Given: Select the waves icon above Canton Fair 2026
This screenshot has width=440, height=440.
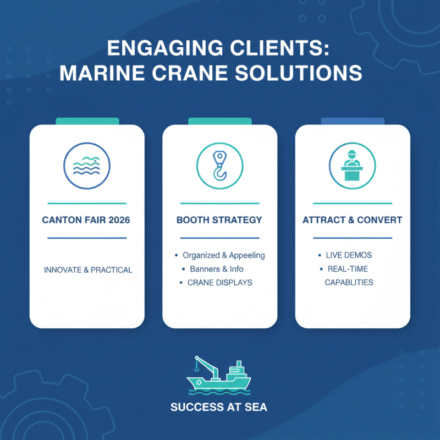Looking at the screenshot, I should [87, 164].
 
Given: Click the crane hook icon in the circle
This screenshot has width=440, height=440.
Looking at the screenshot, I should [219, 164].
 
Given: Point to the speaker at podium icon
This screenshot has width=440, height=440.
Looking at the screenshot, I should [352, 164].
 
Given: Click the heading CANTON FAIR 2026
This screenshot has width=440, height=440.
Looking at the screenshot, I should [87, 220].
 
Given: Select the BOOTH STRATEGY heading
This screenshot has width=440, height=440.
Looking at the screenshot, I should [219, 220].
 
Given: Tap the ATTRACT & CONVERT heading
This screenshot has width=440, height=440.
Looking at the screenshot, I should [352, 220].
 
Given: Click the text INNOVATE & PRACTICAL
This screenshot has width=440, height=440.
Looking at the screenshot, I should [88, 270].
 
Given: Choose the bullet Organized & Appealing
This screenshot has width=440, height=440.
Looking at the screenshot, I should [223, 255].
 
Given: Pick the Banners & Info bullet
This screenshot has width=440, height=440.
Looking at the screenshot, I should [217, 269].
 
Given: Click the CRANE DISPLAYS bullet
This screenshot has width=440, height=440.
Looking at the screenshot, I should [219, 283].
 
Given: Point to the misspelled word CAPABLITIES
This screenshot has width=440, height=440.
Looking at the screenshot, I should [348, 282].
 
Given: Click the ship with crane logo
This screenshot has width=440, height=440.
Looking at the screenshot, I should [219, 376].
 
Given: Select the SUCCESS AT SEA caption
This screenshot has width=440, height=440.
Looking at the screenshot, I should [219, 408].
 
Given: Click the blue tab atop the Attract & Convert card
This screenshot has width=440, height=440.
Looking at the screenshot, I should [352, 121].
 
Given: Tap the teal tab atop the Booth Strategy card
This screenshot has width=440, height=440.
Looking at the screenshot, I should [219, 121].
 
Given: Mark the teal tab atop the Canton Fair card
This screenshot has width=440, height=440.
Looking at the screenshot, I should [87, 121].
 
